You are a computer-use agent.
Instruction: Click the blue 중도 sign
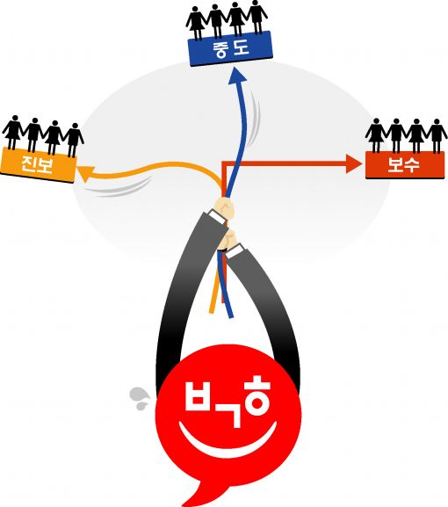(230, 48)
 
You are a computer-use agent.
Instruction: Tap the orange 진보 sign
(38, 164)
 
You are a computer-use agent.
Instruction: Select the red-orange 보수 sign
(405, 165)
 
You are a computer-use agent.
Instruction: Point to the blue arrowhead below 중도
(237, 77)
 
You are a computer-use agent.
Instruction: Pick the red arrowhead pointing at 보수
(354, 163)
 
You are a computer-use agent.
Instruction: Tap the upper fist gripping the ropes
(224, 208)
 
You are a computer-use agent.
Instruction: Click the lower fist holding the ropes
(227, 240)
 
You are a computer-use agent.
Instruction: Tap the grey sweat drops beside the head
(140, 398)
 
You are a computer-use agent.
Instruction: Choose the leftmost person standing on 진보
(13, 132)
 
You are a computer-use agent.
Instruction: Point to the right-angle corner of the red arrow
(223, 163)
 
